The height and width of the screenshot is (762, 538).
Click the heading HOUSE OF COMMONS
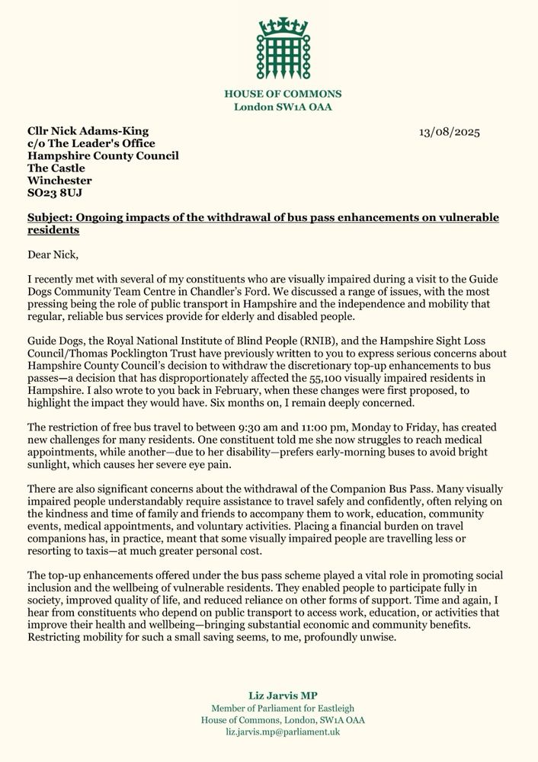283,94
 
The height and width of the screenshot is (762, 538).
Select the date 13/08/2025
450,132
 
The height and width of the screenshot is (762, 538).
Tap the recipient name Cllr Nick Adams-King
88,131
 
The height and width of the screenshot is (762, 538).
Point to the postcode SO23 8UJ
57,194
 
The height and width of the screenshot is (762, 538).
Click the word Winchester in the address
59,181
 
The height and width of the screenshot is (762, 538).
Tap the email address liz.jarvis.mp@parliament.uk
283,732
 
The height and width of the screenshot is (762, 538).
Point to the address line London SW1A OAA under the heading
283,107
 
